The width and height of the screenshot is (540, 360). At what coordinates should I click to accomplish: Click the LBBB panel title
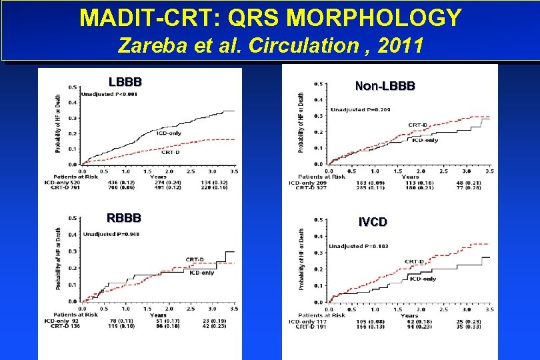tap(125, 83)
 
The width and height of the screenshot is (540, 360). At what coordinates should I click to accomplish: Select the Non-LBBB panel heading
tap(385, 86)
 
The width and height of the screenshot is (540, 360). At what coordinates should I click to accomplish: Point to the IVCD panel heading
tap(373, 222)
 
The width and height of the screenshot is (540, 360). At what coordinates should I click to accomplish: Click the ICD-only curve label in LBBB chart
tap(169, 133)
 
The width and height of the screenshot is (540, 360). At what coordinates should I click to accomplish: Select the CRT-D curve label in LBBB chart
tap(170, 152)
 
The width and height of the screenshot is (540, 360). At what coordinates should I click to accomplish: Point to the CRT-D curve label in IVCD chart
tap(415, 261)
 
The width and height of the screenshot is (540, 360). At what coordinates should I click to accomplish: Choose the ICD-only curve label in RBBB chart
tap(202, 273)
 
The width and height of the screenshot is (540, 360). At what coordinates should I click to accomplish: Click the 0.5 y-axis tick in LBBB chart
tap(71, 87)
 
